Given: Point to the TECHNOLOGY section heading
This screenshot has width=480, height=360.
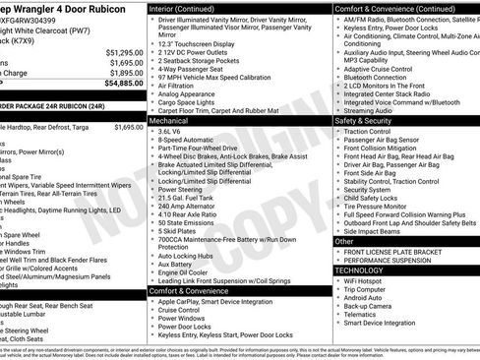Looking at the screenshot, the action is tap(359, 270).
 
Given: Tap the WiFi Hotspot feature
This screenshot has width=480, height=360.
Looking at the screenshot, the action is tap(366, 280).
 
